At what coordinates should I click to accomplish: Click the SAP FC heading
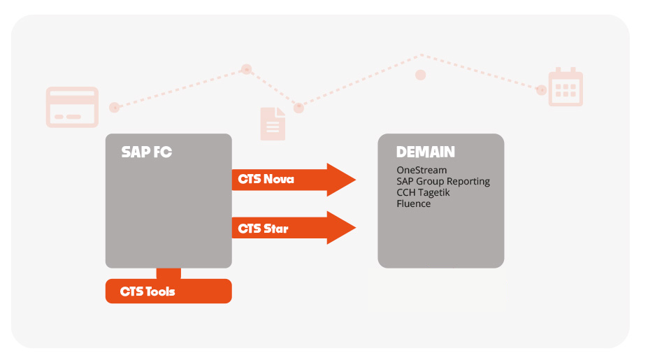click(146, 152)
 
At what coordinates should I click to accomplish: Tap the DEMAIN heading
click(425, 152)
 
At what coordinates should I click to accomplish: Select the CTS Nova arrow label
click(266, 179)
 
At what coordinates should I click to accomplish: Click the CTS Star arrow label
click(263, 229)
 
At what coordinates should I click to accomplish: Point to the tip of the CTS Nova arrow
click(355, 180)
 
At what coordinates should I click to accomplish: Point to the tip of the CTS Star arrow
click(355, 227)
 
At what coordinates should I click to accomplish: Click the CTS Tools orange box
click(168, 291)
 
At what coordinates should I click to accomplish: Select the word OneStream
click(422, 170)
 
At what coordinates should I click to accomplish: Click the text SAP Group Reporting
click(443, 182)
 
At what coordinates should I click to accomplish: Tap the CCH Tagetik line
click(423, 193)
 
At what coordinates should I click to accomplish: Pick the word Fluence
click(413, 203)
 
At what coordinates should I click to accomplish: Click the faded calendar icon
click(566, 87)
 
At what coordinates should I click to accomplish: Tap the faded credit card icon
click(72, 107)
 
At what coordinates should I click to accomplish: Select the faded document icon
click(273, 124)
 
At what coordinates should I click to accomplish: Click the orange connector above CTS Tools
click(168, 273)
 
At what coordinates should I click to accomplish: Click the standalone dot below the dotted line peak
click(420, 75)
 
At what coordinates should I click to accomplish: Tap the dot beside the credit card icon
click(115, 108)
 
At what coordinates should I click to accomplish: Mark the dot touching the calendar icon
click(541, 89)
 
